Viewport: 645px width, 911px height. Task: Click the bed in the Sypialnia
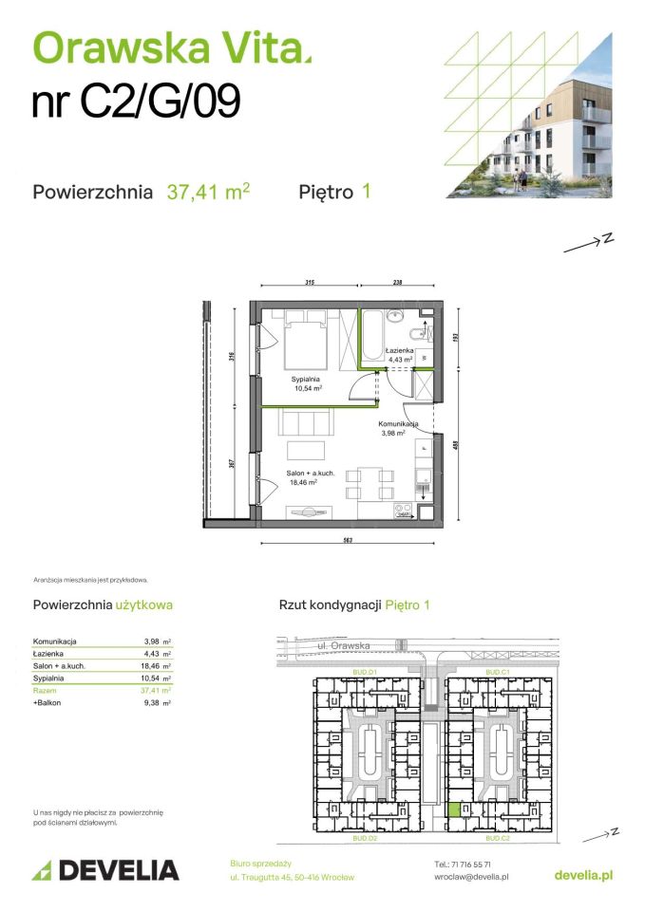pyautogui.click(x=307, y=343)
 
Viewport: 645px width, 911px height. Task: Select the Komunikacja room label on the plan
pyautogui.click(x=399, y=424)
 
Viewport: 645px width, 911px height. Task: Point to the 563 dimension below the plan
pyautogui.click(x=348, y=540)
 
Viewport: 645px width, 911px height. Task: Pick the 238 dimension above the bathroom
pyautogui.click(x=397, y=283)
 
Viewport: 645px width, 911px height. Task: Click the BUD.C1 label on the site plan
pyautogui.click(x=499, y=672)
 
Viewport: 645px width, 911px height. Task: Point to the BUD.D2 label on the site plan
pyautogui.click(x=366, y=840)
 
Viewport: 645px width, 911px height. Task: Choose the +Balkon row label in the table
pyautogui.click(x=48, y=703)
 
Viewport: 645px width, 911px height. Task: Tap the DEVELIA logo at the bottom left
pyautogui.click(x=105, y=870)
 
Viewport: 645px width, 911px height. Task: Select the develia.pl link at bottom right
pyautogui.click(x=582, y=875)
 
